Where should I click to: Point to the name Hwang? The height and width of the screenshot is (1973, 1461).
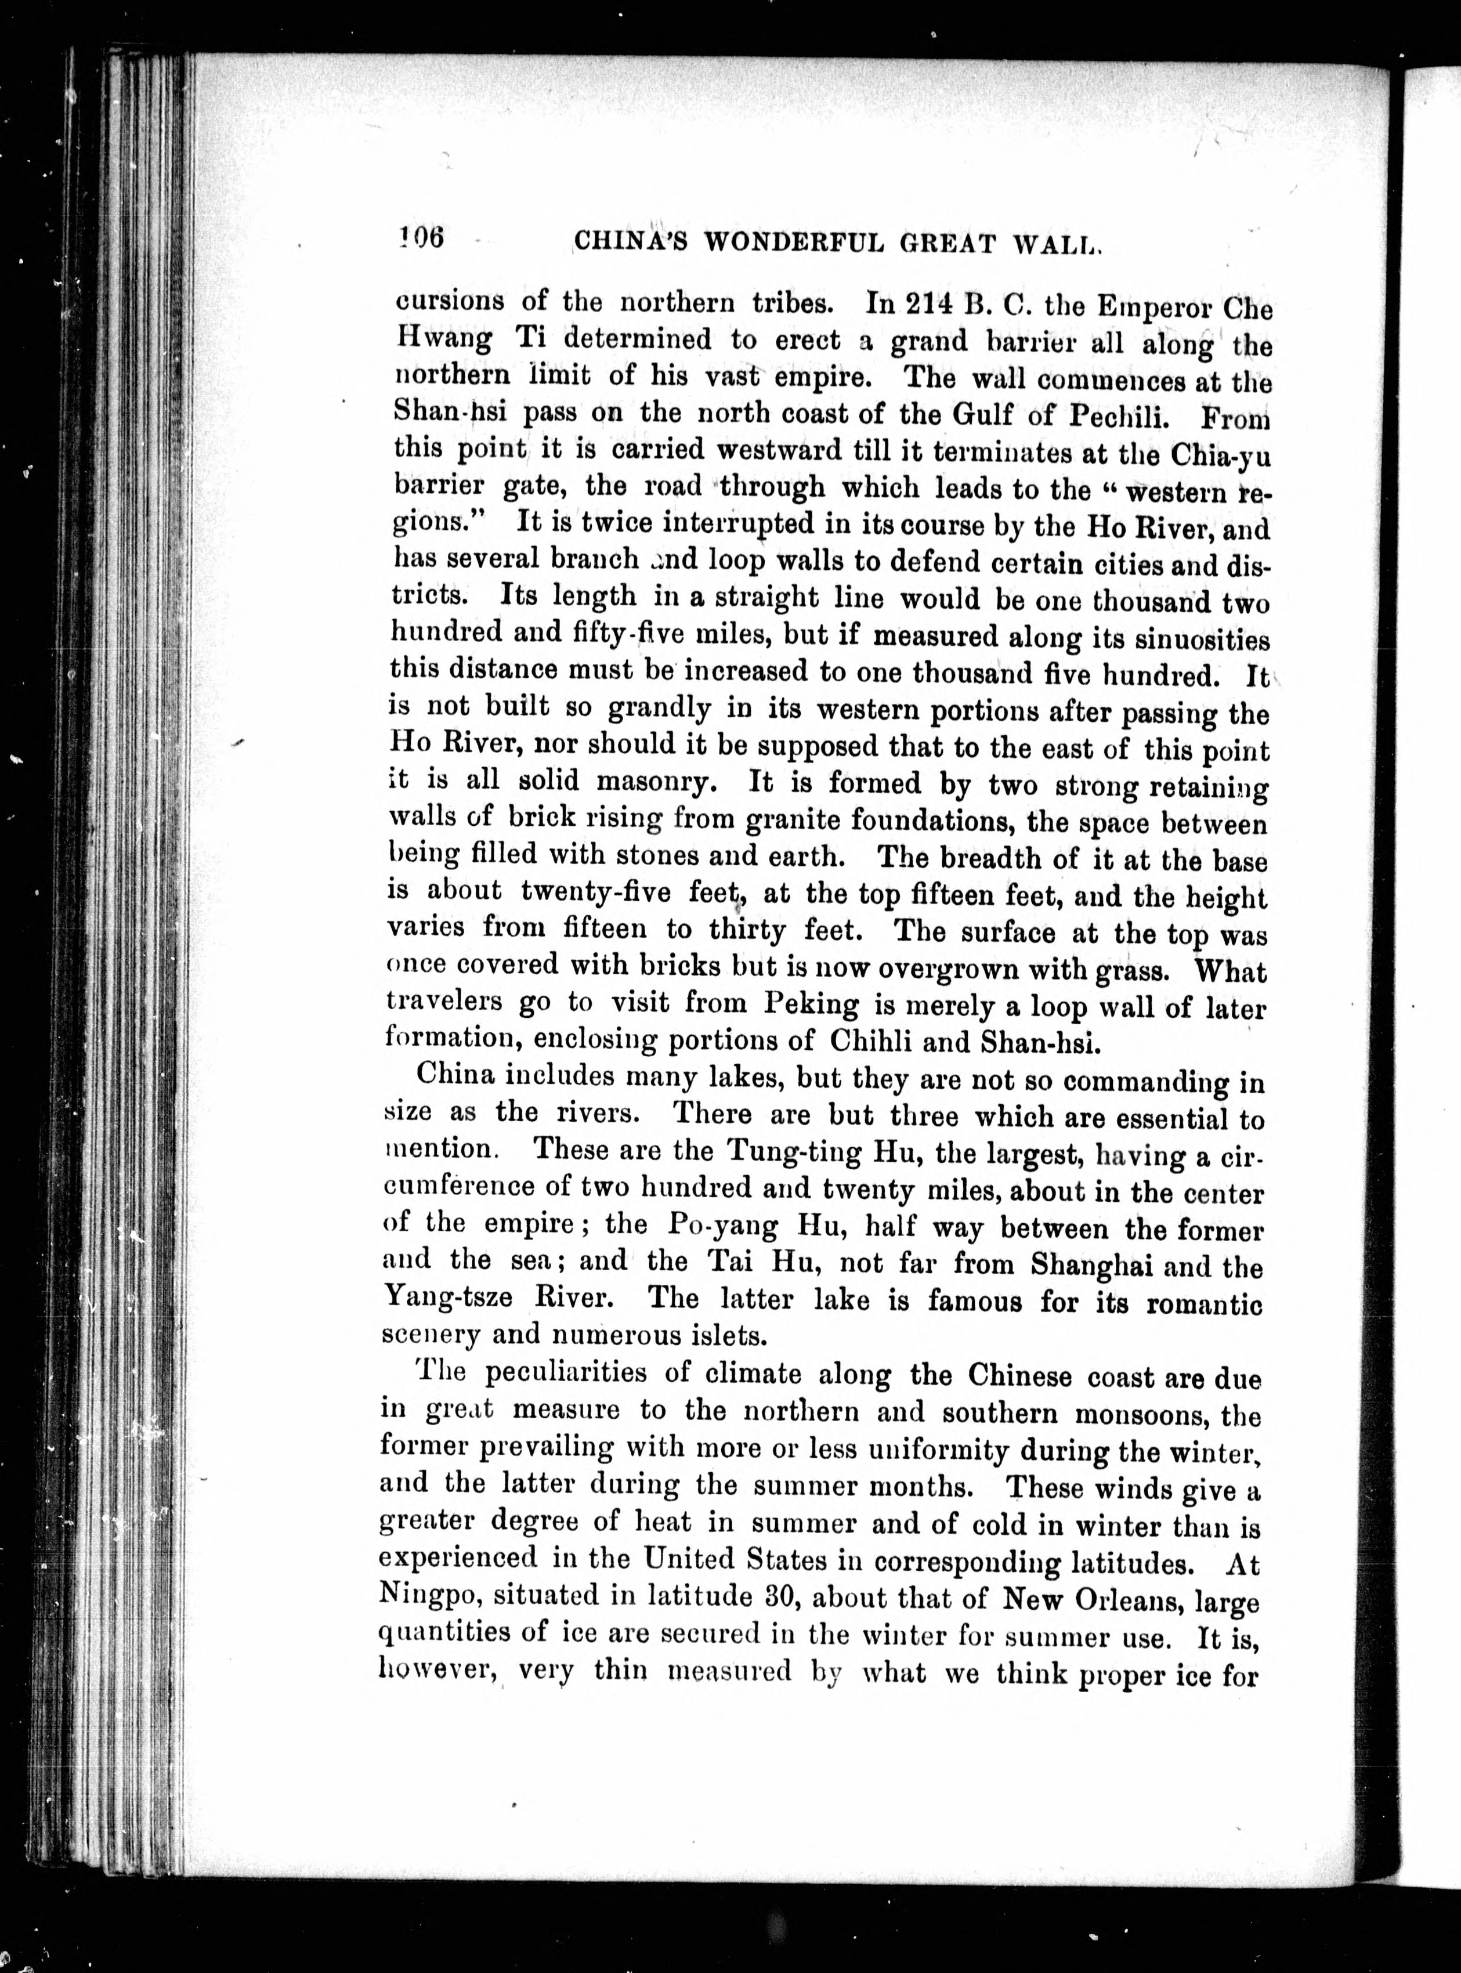tap(442, 341)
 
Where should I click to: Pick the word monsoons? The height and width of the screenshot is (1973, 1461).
tap(1135, 1413)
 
